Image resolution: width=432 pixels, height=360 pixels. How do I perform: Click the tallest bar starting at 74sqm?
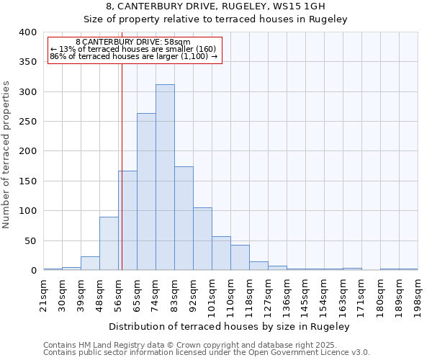(165, 177)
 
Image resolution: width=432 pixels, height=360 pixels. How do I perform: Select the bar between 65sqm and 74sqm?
(146, 192)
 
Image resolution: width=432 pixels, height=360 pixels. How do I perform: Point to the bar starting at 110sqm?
(240, 258)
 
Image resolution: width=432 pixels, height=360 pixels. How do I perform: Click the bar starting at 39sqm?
(90, 264)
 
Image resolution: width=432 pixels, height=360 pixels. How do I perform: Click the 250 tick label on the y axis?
(27, 122)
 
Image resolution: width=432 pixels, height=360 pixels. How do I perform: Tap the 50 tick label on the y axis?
(30, 240)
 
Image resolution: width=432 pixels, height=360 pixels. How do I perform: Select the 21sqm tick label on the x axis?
(43, 294)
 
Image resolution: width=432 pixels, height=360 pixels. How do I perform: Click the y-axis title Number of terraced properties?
(7, 155)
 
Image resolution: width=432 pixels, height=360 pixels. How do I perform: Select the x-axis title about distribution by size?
(230, 326)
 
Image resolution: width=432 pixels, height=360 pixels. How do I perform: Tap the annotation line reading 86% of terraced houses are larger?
(134, 56)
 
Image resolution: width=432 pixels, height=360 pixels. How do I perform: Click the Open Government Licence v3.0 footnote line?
(207, 353)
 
